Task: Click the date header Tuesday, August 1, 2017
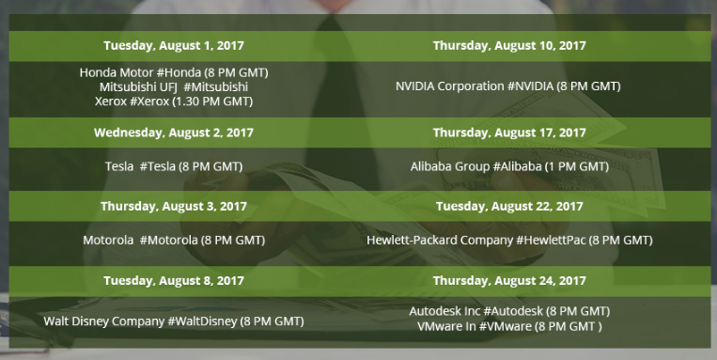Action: [x=174, y=46]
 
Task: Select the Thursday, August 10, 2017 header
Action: [x=509, y=46]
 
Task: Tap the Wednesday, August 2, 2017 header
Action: [x=174, y=133]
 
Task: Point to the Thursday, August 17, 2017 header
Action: [x=509, y=133]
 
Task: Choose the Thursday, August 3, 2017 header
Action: [x=174, y=206]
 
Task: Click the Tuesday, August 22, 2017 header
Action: [x=509, y=206]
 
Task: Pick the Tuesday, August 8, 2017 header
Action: [x=174, y=280]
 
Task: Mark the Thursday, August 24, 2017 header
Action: [x=509, y=280]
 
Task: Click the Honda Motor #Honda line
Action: [x=174, y=72]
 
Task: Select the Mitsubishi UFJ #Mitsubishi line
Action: [x=174, y=86]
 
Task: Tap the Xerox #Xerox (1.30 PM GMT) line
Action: [x=174, y=102]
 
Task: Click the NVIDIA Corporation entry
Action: [x=508, y=86]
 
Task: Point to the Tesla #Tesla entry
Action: [x=174, y=166]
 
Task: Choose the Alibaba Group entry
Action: [x=509, y=166]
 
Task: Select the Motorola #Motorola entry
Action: [x=174, y=240]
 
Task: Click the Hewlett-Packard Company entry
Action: [x=509, y=240]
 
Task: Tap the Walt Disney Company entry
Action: [x=174, y=321]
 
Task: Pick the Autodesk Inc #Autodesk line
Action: [x=509, y=311]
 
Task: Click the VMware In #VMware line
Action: [x=509, y=326]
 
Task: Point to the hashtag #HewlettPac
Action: [x=551, y=240]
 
